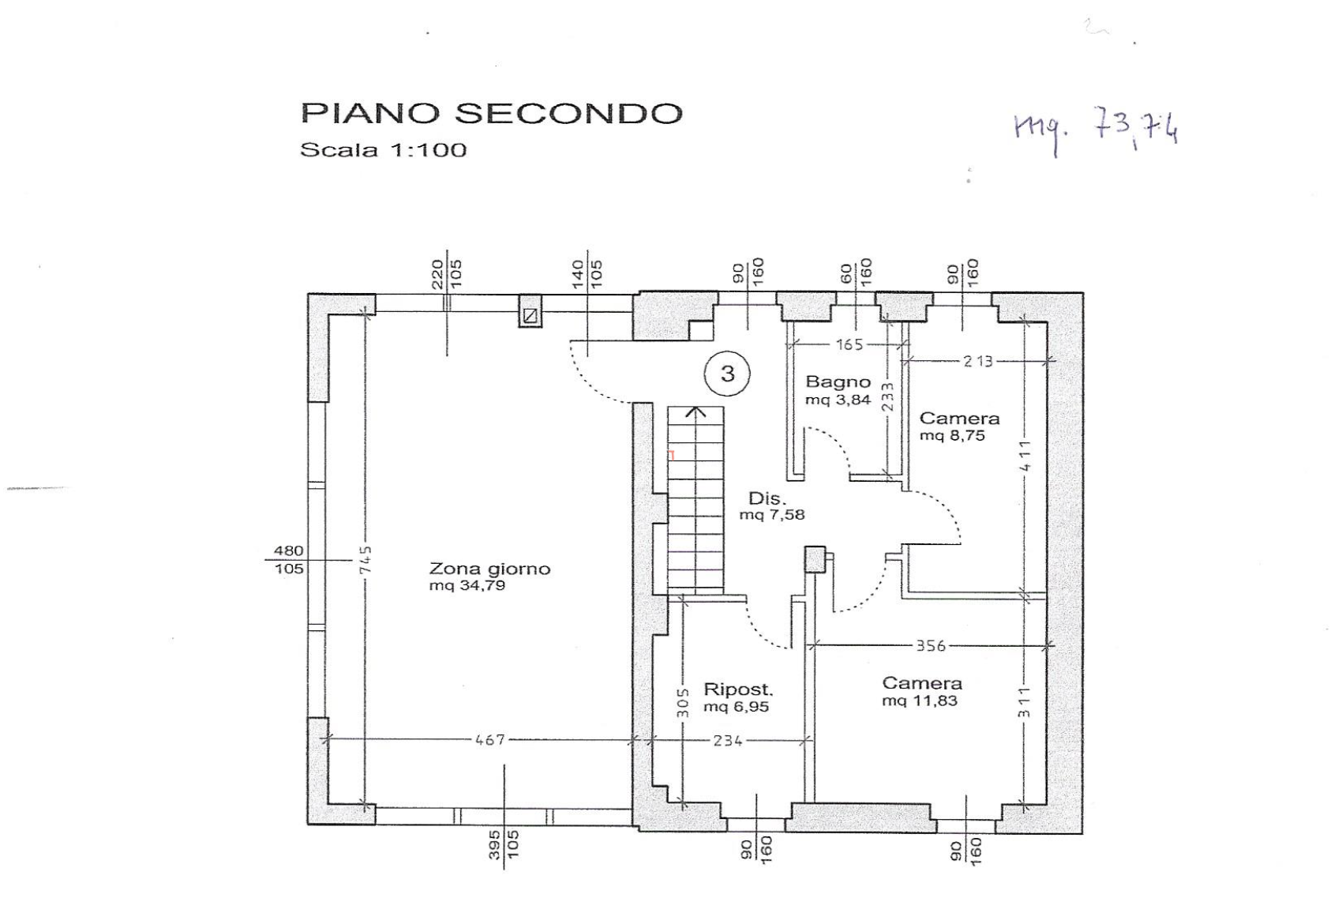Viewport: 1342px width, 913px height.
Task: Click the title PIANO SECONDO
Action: point(491,113)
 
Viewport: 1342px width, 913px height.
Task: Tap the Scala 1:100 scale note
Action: point(383,149)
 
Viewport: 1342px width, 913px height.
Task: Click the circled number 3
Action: point(727,374)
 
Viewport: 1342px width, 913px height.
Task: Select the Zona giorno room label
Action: point(489,569)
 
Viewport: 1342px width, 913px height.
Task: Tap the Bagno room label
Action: point(838,382)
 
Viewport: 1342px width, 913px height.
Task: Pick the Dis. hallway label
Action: point(767,499)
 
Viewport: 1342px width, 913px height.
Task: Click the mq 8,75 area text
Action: point(952,436)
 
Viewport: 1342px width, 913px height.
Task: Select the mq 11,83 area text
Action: point(920,701)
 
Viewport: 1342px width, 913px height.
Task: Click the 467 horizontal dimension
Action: point(490,741)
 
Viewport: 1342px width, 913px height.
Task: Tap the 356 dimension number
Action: point(930,646)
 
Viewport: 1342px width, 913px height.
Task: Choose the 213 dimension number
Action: point(977,362)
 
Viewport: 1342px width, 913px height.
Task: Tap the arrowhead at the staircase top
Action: point(695,412)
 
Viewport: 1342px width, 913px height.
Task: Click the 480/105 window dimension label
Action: point(288,559)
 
